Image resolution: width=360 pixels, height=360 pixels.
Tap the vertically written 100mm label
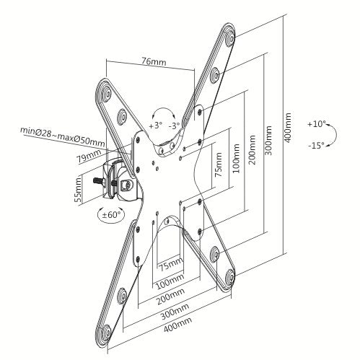(x=233, y=157)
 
